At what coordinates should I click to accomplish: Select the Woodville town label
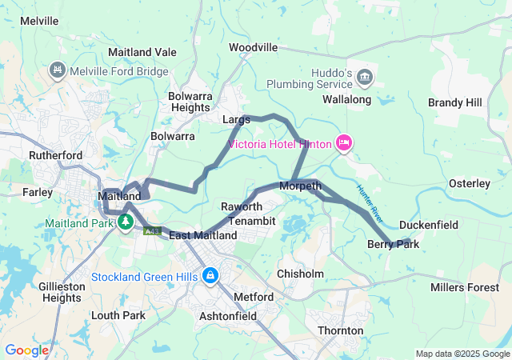253,47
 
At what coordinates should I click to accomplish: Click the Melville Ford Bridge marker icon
58,71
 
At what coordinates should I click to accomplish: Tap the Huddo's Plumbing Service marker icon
365,77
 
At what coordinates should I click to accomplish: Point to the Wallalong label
346,100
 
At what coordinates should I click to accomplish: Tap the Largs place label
236,119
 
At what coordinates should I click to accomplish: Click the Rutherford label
56,155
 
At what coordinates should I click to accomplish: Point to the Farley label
38,192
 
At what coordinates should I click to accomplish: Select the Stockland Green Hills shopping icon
210,276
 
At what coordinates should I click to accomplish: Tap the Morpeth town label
300,186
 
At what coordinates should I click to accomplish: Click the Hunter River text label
370,202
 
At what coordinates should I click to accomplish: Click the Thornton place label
341,330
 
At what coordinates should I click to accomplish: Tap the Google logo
26,350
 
